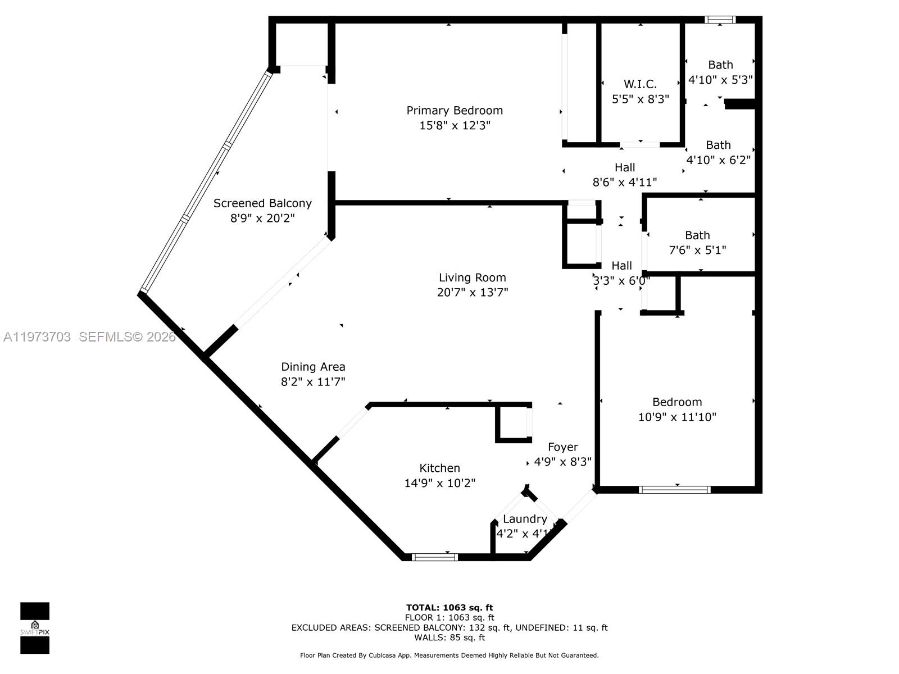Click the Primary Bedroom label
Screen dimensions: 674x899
455,111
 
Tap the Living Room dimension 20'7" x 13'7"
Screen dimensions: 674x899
473,293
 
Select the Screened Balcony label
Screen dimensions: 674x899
262,203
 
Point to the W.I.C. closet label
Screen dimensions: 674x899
640,84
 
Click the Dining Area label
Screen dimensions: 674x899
313,367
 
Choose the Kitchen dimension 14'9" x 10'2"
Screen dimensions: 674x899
439,483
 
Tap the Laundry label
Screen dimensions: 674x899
525,519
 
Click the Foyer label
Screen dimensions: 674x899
562,447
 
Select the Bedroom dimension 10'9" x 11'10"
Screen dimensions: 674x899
677,417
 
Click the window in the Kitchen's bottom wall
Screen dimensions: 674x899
435,557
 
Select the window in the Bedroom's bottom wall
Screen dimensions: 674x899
675,490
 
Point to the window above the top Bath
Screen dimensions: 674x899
720,20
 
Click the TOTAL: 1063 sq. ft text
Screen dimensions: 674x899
449,607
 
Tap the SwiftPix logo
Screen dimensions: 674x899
35,628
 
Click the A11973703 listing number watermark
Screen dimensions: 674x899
37,337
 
